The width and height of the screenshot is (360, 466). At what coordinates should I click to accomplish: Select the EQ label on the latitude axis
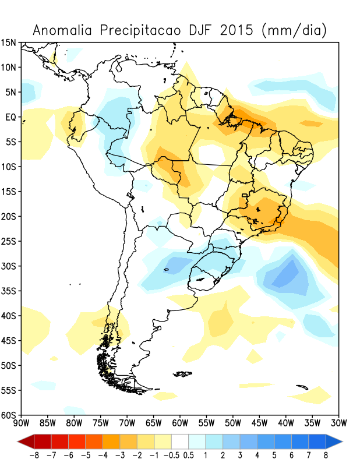click(x=10, y=117)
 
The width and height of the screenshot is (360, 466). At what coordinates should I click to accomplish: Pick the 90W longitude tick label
click(x=21, y=423)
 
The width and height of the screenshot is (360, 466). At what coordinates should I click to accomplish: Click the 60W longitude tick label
click(x=180, y=423)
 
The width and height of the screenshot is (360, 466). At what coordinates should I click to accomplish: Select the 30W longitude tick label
click(x=338, y=423)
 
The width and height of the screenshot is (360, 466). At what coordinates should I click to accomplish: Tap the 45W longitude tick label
click(x=259, y=423)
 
